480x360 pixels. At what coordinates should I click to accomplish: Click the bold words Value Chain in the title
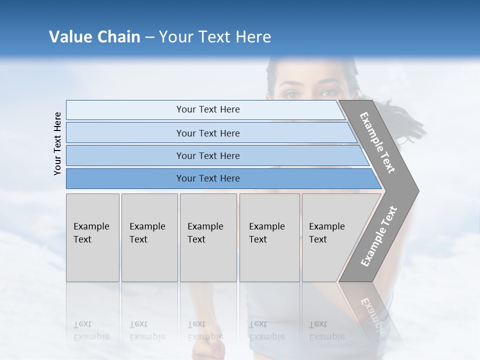(94, 37)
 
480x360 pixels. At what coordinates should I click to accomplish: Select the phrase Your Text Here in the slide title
(215, 37)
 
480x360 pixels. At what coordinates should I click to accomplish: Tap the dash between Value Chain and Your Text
(149, 37)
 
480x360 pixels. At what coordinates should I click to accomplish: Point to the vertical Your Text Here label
(57, 143)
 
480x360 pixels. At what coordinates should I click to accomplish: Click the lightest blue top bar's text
(208, 109)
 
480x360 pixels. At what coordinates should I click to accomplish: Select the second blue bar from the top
(208, 133)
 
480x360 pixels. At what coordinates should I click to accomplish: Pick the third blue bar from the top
(208, 155)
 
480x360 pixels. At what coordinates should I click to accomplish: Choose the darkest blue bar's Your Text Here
(208, 178)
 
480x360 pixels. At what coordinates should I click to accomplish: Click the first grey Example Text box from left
(92, 237)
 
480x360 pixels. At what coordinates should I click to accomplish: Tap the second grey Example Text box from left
(149, 237)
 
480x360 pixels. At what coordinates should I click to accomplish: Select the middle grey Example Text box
(208, 237)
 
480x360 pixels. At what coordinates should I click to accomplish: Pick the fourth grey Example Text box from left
(269, 237)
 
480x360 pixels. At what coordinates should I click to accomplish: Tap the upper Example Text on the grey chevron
(377, 142)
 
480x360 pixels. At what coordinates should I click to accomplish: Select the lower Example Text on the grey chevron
(379, 236)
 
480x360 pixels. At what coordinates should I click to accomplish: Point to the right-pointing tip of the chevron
(416, 190)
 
